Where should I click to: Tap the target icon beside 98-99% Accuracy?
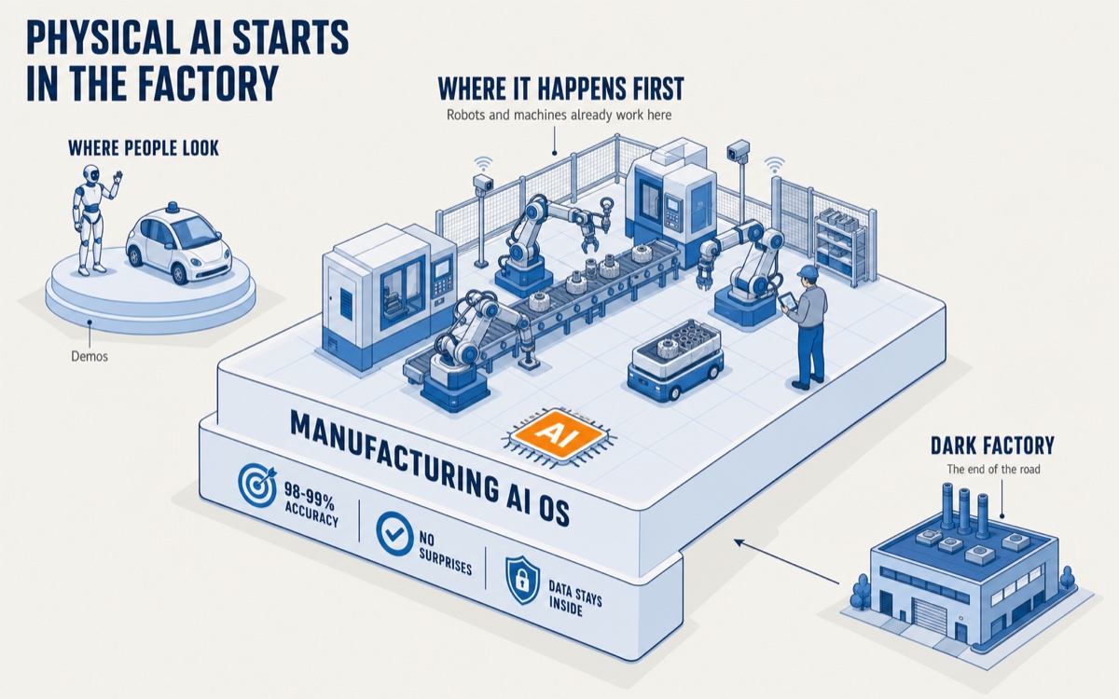coord(256,482)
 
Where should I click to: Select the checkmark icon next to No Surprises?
coord(394,533)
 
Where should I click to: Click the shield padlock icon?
coord(522,580)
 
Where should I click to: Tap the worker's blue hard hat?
coord(807,271)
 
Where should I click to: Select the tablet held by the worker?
coord(787,300)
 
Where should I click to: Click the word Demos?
coord(90,356)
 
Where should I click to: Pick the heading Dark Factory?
coord(992,445)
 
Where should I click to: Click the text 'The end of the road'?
coord(993,470)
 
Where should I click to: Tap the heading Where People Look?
coord(144,148)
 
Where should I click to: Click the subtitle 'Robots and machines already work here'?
coord(559,116)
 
